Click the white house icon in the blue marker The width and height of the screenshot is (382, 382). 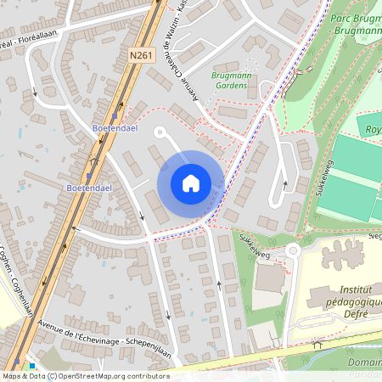click(191, 183)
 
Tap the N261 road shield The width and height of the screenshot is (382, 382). click(141, 55)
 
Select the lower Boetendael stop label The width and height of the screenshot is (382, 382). click(91, 180)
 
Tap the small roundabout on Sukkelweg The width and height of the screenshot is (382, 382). click(294, 250)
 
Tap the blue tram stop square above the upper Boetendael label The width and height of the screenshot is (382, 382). click(114, 115)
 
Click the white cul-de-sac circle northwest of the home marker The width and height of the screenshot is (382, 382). click(160, 132)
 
